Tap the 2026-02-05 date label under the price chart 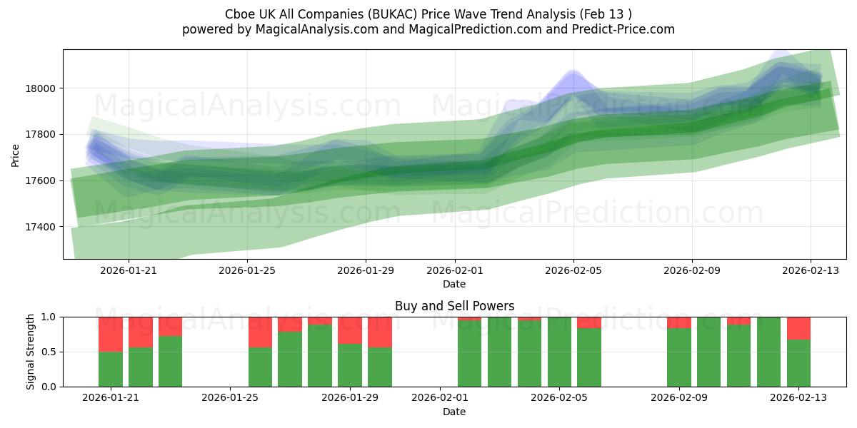coord(573,270)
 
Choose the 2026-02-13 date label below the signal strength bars coord(798,398)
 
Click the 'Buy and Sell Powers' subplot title coord(454,306)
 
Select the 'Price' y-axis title coord(16,156)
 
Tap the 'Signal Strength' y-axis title coord(31,352)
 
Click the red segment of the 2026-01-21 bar coord(111,334)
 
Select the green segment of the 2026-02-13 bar coord(798,363)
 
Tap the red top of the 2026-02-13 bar coord(798,328)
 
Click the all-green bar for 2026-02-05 coord(559,352)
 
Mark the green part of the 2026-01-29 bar coord(350,365)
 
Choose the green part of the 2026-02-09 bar coord(679,357)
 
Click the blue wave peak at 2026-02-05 coord(573,77)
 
